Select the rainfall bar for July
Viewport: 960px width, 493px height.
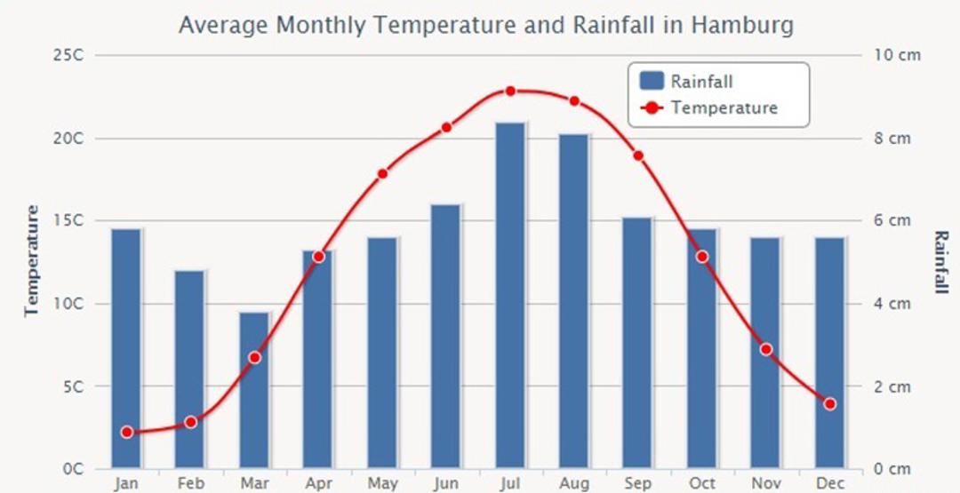510,296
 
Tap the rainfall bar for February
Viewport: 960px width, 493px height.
190,370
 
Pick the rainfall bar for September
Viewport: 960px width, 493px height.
638,343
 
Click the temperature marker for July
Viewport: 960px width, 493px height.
510,91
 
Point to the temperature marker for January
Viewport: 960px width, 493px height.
127,433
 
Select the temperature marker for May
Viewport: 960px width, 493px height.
382,174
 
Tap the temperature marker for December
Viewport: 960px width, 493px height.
829,403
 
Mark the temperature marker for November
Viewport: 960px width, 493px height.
766,349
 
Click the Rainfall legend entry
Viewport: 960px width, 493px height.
686,81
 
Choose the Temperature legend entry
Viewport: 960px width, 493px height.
709,107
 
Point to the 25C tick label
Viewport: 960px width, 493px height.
68,55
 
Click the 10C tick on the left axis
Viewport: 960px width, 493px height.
68,304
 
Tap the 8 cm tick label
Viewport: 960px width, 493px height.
892,139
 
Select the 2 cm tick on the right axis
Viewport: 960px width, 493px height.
892,386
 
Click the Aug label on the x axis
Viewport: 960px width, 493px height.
574,484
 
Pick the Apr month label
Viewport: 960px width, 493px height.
318,484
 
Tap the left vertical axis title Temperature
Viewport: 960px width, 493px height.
32,261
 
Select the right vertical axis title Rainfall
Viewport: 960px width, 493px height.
941,262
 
